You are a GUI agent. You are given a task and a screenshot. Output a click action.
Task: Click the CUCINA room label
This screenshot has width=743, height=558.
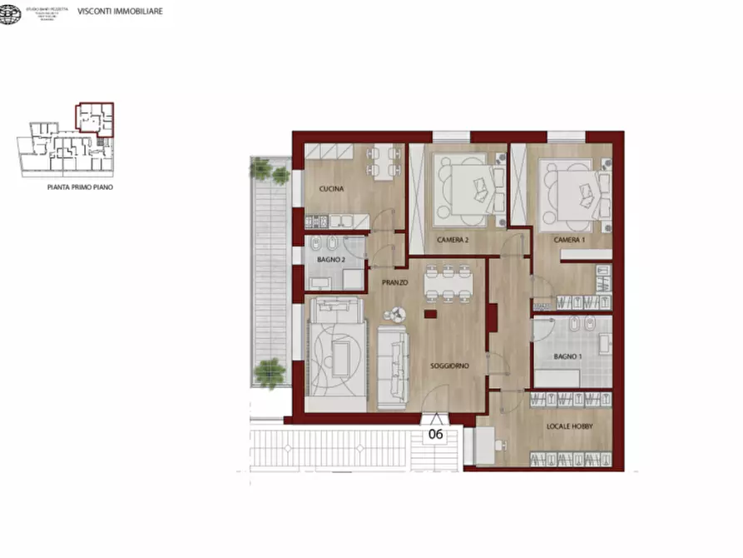click(332, 189)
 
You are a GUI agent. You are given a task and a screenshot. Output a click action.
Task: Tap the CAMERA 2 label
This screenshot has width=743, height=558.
click(453, 240)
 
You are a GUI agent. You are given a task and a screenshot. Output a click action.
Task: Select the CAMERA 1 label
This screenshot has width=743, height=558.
click(569, 240)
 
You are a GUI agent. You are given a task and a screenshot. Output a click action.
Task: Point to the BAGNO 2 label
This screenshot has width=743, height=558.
click(330, 259)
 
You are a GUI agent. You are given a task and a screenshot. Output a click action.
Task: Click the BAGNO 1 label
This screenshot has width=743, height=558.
click(569, 356)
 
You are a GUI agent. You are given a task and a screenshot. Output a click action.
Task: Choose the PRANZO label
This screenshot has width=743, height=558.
click(394, 283)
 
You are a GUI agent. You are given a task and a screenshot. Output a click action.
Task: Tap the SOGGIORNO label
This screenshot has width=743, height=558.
click(450, 366)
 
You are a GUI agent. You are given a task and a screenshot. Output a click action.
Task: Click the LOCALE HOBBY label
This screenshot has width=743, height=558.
click(570, 426)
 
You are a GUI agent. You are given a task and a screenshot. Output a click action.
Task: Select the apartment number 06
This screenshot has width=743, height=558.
click(435, 434)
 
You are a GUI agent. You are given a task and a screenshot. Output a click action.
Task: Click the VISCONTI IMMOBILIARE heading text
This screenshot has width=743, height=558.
click(120, 12)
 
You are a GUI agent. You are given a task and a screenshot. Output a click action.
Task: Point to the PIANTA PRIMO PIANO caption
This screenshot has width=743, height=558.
click(80, 188)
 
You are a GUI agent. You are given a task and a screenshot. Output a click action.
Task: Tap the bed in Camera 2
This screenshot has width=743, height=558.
click(468, 185)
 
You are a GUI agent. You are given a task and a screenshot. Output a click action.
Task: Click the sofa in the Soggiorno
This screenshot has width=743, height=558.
click(392, 366)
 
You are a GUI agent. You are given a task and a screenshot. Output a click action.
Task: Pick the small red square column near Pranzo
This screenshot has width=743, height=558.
click(429, 314)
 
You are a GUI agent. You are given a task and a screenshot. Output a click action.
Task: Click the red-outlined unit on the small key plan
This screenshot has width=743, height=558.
click(95, 118)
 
